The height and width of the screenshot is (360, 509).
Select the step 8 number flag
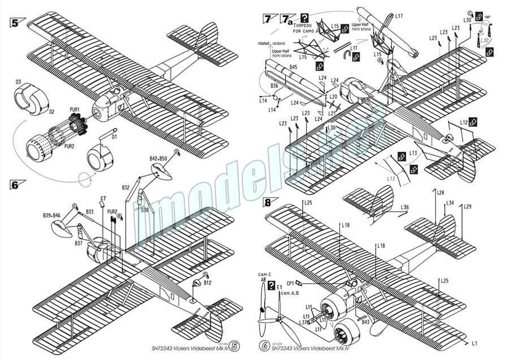268,202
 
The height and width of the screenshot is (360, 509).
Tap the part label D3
18,82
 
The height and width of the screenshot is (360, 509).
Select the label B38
145,209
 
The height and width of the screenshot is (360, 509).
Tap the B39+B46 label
51,216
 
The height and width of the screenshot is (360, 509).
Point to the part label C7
103,199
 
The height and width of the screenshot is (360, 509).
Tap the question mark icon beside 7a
305,18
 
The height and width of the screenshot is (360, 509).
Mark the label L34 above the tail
450,203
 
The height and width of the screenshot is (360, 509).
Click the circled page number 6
264,345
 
